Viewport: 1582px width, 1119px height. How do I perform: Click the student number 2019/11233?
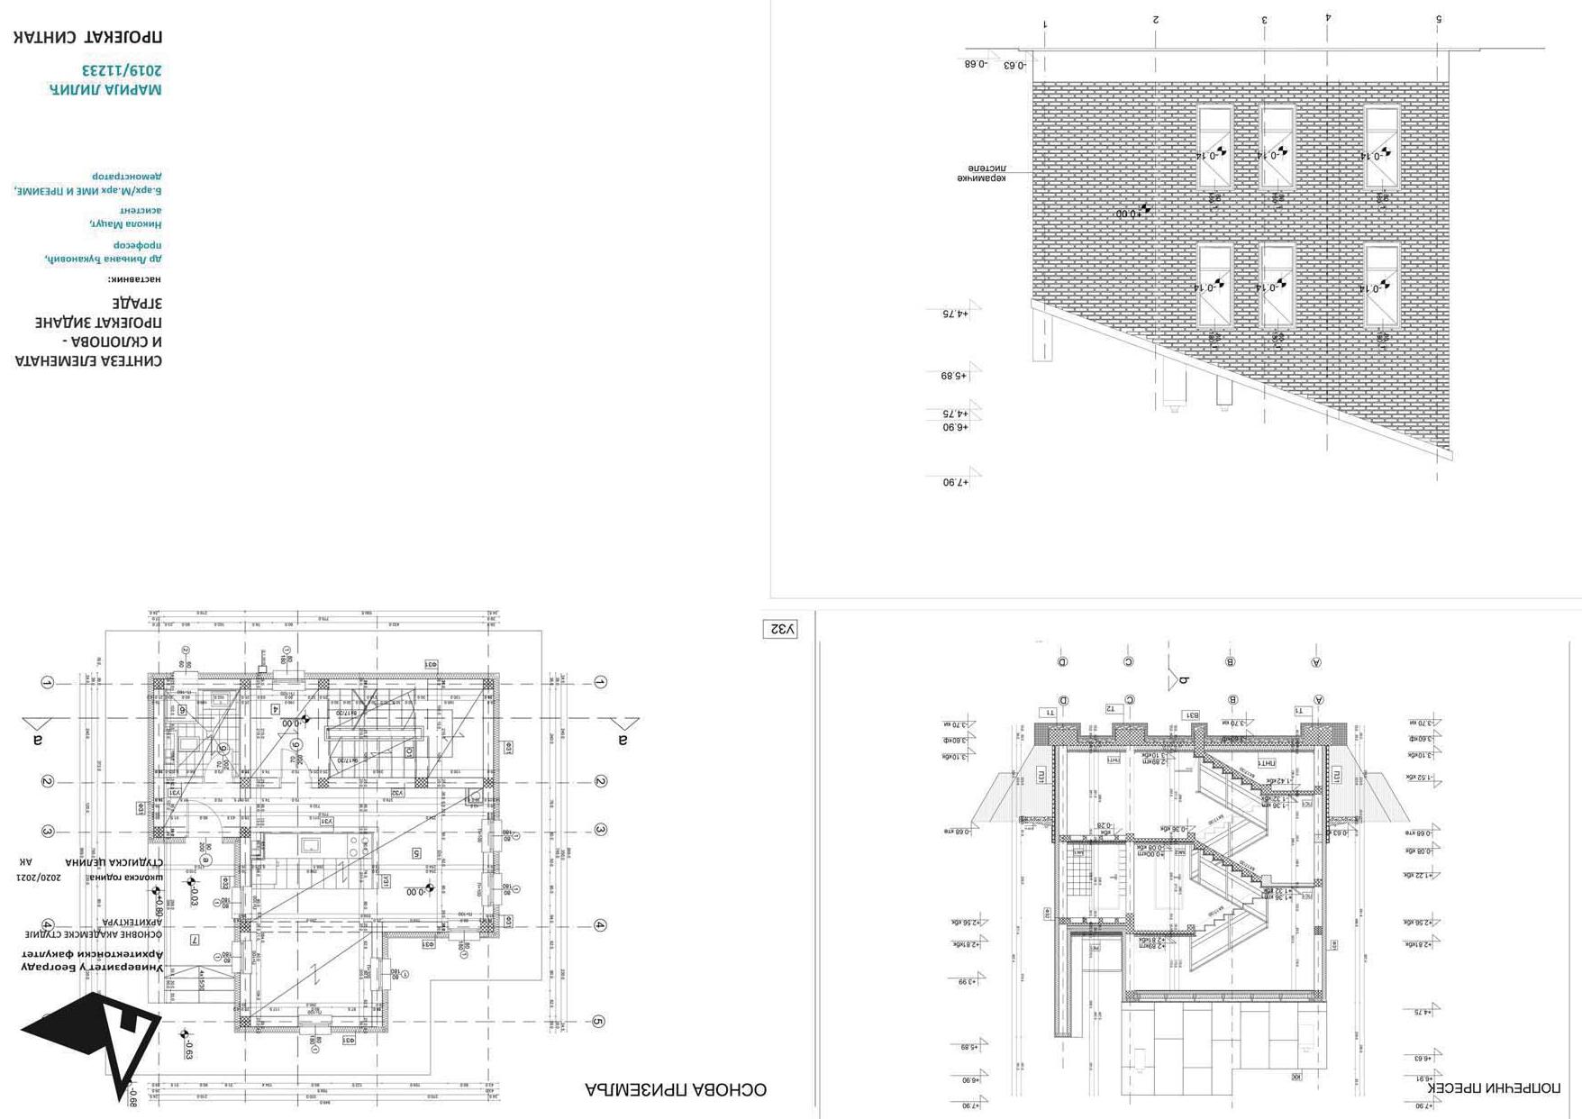click(x=123, y=70)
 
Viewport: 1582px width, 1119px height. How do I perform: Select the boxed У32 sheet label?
click(x=780, y=629)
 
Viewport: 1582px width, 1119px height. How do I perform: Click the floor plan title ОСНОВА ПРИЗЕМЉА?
click(x=676, y=1089)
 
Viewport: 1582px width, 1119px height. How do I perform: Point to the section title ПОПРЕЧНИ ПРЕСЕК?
click(x=1495, y=1087)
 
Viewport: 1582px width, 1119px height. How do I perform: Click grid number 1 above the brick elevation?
click(x=1045, y=24)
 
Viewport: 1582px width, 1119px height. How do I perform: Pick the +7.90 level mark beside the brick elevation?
click(x=956, y=482)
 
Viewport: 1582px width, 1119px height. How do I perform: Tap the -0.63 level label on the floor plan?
click(x=188, y=1048)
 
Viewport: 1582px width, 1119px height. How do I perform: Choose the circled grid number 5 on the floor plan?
click(x=598, y=1022)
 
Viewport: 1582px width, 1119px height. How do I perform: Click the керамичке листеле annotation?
click(x=981, y=173)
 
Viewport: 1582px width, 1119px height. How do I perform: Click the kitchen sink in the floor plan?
click(x=311, y=845)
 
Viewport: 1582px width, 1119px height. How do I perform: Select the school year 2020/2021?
click(x=39, y=877)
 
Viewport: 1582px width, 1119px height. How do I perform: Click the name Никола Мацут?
click(x=126, y=223)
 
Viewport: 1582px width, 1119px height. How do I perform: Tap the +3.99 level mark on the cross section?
click(x=966, y=981)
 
